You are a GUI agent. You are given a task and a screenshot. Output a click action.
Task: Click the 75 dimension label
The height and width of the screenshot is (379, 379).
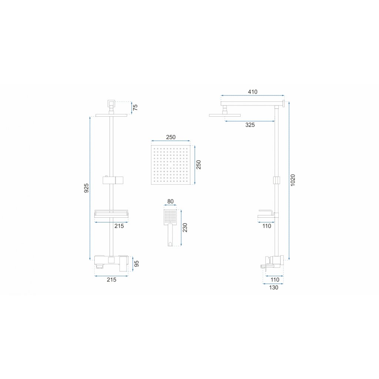pos(135,107)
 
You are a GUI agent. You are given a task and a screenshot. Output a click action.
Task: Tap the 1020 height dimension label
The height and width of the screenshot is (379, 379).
pos(293,180)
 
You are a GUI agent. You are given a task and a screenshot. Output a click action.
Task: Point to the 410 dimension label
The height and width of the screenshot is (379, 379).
pos(253,92)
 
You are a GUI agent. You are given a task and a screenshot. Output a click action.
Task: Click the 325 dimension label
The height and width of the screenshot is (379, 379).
pos(250,125)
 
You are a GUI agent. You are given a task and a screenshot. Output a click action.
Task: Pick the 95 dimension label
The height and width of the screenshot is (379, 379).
pos(136,264)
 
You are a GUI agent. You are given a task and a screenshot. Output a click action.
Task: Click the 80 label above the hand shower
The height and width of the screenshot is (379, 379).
pos(170,202)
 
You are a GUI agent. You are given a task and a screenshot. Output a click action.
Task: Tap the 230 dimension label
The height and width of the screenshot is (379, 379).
pos(185,227)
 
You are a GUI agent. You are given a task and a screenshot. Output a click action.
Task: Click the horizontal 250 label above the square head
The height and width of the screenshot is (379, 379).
pos(171,137)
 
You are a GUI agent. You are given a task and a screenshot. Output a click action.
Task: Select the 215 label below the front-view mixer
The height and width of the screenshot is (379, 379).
pos(111,280)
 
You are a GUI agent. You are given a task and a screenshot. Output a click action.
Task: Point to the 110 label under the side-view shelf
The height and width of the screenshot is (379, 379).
pos(266,226)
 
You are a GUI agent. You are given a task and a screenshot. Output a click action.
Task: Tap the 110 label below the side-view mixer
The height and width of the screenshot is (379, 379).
pos(274,280)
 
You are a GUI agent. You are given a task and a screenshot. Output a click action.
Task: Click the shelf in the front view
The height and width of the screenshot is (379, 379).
pos(111,214)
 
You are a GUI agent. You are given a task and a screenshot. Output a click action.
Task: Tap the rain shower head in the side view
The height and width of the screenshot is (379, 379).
pos(224,115)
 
